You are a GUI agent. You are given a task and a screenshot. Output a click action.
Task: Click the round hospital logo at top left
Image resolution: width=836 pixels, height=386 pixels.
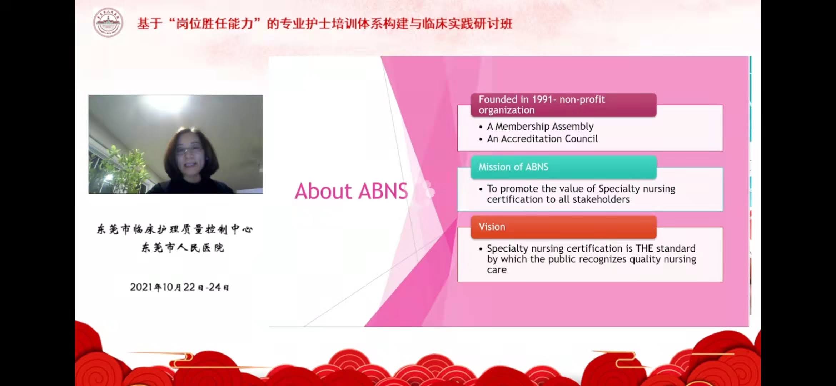(x=108, y=23)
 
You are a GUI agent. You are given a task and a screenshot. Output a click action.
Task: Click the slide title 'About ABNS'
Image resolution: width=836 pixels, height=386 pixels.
(x=351, y=191)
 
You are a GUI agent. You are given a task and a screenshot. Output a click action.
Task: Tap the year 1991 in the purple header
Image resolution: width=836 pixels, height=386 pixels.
(x=542, y=99)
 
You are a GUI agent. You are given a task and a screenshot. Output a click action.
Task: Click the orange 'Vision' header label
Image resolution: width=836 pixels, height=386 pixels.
(x=492, y=227)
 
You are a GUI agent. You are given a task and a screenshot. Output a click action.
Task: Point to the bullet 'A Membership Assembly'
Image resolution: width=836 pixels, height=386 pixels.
(x=540, y=127)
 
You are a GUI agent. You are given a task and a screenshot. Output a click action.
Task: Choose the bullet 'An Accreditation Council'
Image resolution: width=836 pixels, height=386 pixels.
(x=542, y=139)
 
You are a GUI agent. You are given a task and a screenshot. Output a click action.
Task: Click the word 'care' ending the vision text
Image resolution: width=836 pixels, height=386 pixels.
(x=497, y=270)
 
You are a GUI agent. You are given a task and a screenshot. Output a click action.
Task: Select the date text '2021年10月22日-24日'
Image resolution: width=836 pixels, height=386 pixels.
(x=179, y=287)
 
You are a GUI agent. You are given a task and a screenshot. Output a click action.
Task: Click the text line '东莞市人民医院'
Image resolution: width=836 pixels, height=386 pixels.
(x=183, y=247)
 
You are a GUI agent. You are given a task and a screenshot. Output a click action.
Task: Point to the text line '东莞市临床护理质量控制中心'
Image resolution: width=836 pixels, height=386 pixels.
(x=175, y=229)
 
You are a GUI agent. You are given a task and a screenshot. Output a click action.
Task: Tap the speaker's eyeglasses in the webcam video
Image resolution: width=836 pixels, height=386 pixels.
(x=189, y=150)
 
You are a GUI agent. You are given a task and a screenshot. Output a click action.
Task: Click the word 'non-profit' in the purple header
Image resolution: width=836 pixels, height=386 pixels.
(x=582, y=99)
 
